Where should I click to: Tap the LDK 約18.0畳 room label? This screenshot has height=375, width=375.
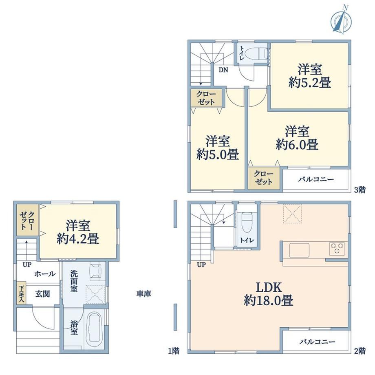(x=269, y=294)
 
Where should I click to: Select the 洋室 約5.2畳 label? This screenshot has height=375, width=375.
(x=310, y=76)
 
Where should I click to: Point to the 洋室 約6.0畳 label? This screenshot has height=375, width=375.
(x=297, y=138)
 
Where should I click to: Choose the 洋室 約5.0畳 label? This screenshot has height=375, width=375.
(x=218, y=148)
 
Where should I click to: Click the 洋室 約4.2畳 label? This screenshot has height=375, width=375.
(x=78, y=232)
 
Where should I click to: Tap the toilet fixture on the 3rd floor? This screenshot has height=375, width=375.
(x=257, y=53)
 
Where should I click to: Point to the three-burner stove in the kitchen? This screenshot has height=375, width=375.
(x=337, y=248)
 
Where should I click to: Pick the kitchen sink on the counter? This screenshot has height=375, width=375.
(x=299, y=250)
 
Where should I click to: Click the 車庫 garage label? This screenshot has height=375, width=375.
(x=144, y=294)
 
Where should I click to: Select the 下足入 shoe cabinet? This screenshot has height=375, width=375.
(x=21, y=293)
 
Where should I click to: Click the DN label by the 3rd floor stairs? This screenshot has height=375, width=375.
(x=223, y=70)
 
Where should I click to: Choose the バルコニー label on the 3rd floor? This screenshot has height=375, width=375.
(x=315, y=179)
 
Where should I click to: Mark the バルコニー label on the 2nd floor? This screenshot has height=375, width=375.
(x=318, y=342)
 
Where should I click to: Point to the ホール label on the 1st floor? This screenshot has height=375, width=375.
(x=45, y=274)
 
